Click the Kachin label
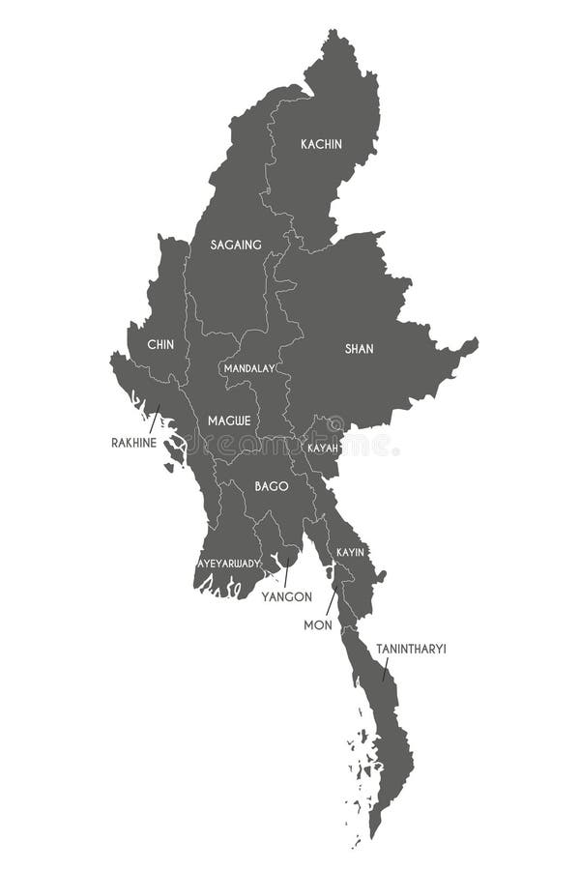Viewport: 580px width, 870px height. click(x=321, y=144)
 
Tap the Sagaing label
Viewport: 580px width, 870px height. click(x=236, y=245)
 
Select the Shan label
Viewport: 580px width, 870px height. click(x=360, y=349)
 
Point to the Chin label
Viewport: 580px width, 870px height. click(x=160, y=344)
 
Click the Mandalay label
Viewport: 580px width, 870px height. click(x=249, y=368)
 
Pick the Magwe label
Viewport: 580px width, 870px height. click(x=229, y=420)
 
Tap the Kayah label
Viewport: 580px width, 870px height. click(x=322, y=449)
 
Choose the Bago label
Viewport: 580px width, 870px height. click(x=272, y=486)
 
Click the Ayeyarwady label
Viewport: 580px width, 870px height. click(x=229, y=563)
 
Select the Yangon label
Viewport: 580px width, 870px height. click(x=286, y=597)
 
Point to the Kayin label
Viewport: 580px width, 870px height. click(x=349, y=552)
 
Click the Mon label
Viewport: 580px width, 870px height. click(x=318, y=625)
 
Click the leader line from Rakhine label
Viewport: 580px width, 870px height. click(x=154, y=419)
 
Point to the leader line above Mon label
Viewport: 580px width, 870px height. click(x=331, y=601)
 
